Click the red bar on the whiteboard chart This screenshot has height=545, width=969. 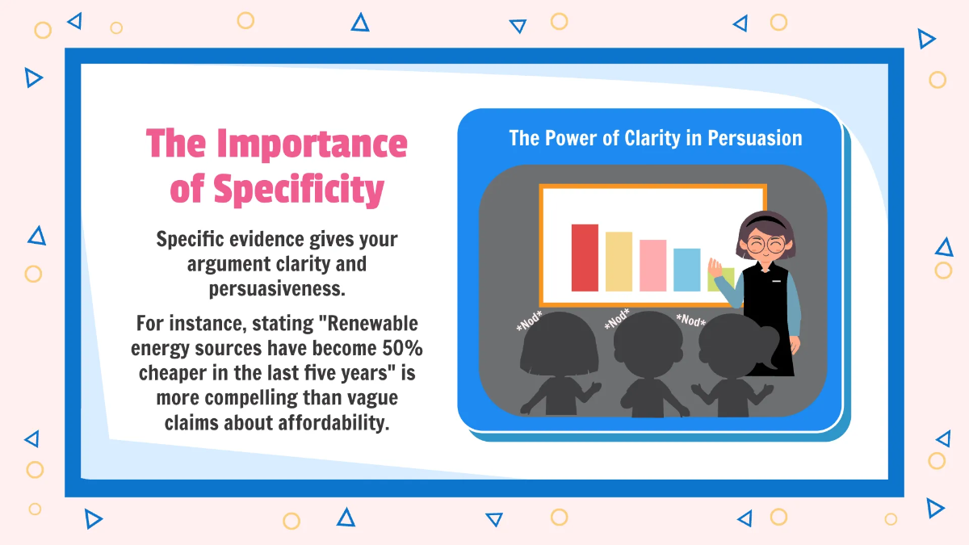point(585,258)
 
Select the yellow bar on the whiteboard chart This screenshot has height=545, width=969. point(619,261)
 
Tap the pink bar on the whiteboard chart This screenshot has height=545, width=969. point(652,265)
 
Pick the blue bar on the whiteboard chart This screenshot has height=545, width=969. point(686,270)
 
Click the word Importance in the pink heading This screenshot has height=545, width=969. point(312,144)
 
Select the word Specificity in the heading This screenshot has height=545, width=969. point(299,189)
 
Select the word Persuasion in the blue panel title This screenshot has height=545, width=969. point(754,138)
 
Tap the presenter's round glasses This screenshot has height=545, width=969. point(765,243)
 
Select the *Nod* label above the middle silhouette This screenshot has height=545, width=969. point(617,320)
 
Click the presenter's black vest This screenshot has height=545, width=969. point(767,315)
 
